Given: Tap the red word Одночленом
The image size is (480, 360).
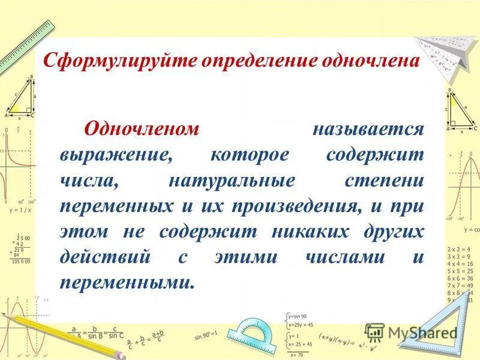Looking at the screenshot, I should click(141, 128).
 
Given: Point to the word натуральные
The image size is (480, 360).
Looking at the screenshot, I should click(231, 180).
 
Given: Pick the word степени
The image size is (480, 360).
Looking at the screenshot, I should click(385, 180).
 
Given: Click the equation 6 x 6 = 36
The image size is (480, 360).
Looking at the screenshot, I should click(460, 278).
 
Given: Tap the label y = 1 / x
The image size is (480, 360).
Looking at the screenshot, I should click(20, 211).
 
